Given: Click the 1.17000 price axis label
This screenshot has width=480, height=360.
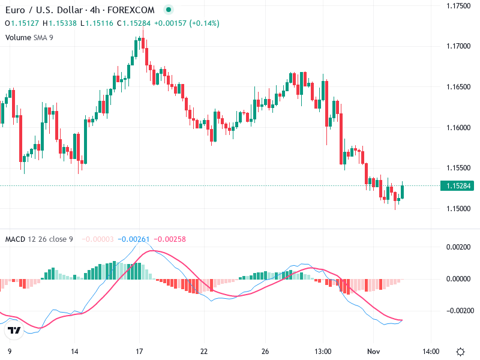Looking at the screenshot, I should coord(458,46).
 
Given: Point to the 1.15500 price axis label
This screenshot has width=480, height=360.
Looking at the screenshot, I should coord(458,168).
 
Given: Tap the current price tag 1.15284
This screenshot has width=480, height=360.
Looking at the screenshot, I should coord(459,187).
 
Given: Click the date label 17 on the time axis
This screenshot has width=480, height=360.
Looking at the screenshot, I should coord(139,351).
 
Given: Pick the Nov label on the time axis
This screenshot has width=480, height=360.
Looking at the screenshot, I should coord(374,351).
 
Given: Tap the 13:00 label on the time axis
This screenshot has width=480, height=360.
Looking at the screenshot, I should coord(323,351).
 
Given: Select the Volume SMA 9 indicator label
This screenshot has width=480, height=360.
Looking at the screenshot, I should coord(28,37).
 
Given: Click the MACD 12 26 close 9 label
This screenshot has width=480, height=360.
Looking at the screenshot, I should coord(39,239).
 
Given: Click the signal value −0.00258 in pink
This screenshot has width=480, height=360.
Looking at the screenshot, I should coord(170,239).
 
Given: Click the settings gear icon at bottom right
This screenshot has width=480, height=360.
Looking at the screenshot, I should coord(461,351).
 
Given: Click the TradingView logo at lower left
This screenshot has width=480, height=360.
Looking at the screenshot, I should coord(13,330).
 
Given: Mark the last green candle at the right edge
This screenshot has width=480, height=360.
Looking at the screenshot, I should coord(403,191).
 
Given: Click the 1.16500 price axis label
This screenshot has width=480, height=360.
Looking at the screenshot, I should coord(458,87).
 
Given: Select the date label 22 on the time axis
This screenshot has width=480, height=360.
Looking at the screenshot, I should coord(204,351).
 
